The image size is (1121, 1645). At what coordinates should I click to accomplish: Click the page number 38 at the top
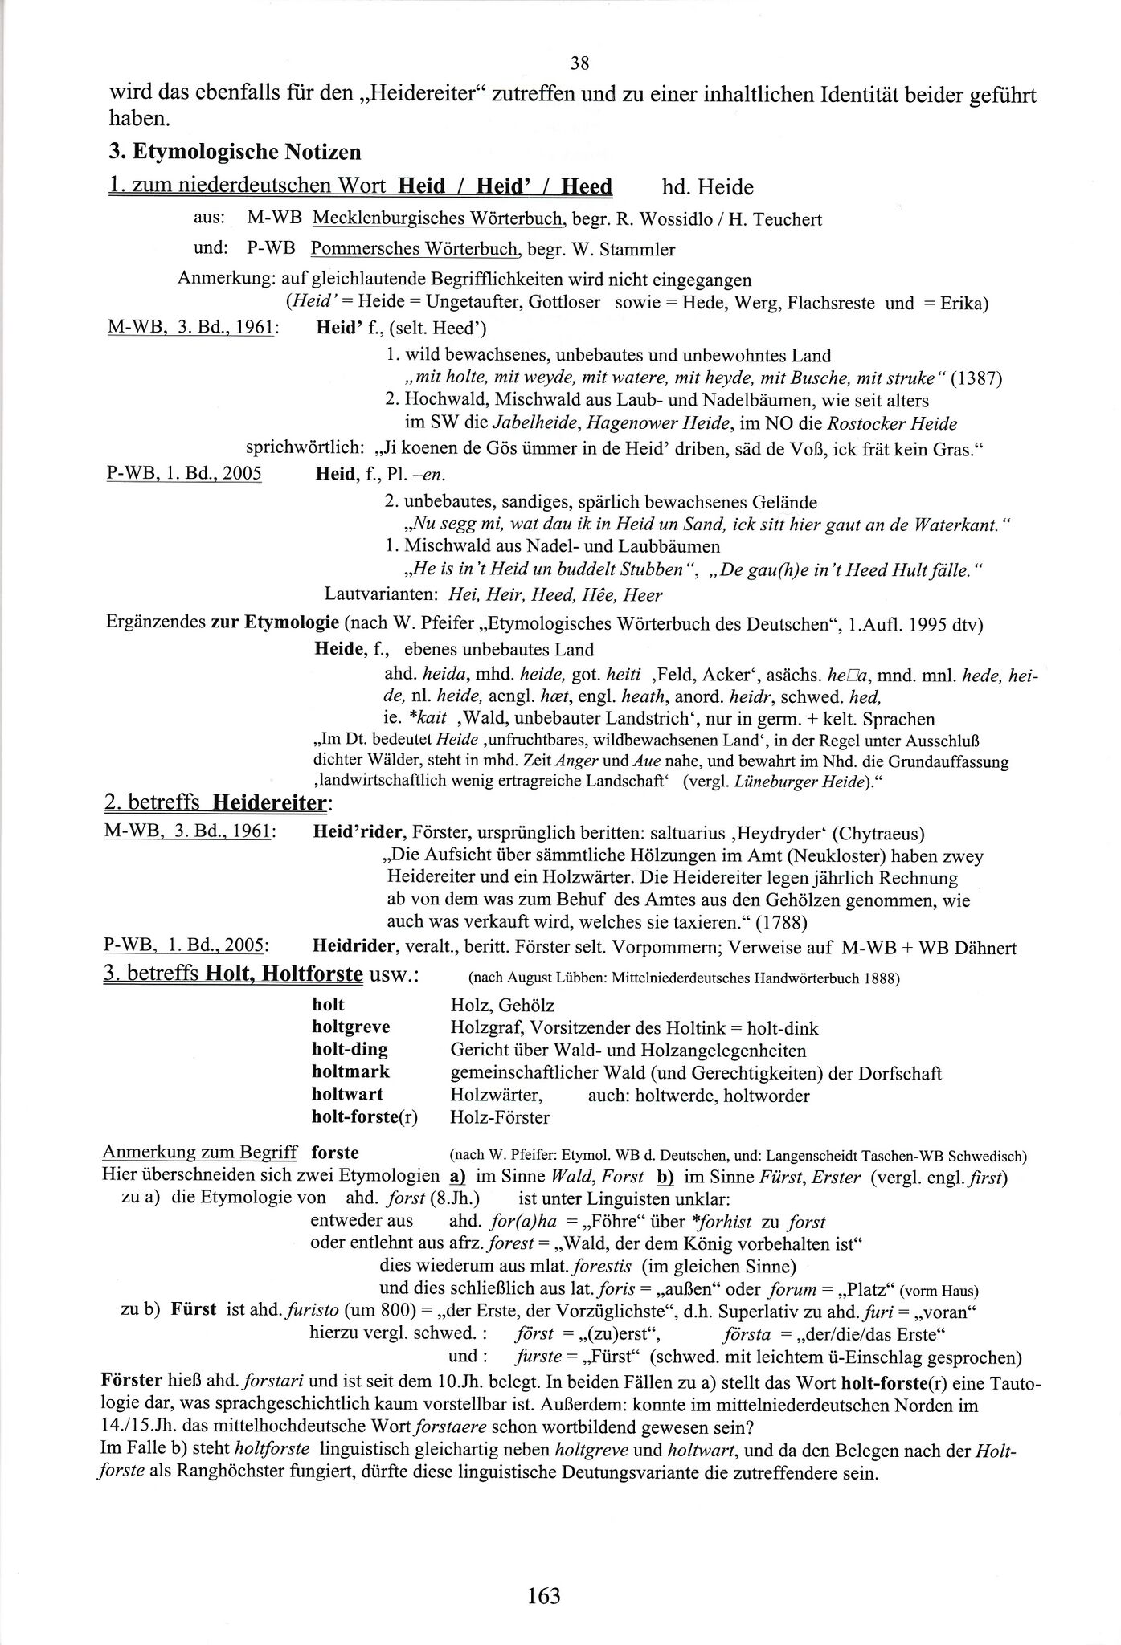[x=580, y=63]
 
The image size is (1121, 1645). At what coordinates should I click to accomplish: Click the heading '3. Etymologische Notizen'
[x=235, y=151]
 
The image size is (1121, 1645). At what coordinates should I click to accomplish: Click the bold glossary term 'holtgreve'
[x=351, y=1027]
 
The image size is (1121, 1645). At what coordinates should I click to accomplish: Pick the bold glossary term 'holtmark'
[x=350, y=1072]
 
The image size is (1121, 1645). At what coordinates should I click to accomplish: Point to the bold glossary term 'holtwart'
[x=348, y=1094]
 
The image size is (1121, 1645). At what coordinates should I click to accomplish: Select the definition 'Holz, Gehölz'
[x=502, y=1005]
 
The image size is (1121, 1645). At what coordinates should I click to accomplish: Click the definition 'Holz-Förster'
[x=500, y=1116]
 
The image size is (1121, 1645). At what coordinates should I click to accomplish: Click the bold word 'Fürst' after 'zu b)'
[x=193, y=1309]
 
